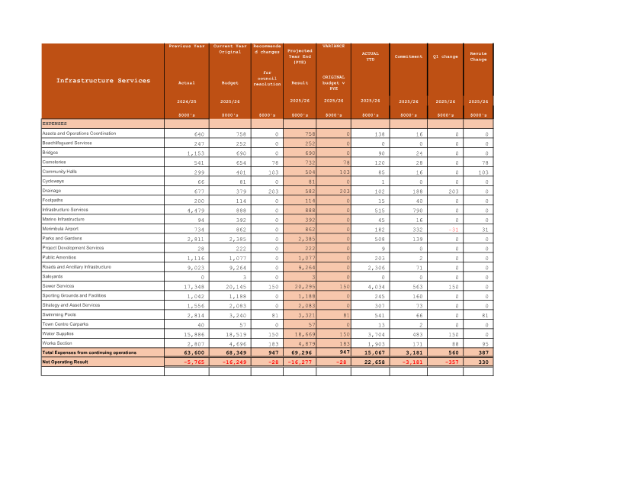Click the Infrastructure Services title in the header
pos(103,80)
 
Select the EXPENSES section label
pos(55,123)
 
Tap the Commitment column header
pos(409,56)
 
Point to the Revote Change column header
pos(478,56)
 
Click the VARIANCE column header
pos(334,46)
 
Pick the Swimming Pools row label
pos(60,314)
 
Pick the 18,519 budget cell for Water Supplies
pos(229,333)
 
